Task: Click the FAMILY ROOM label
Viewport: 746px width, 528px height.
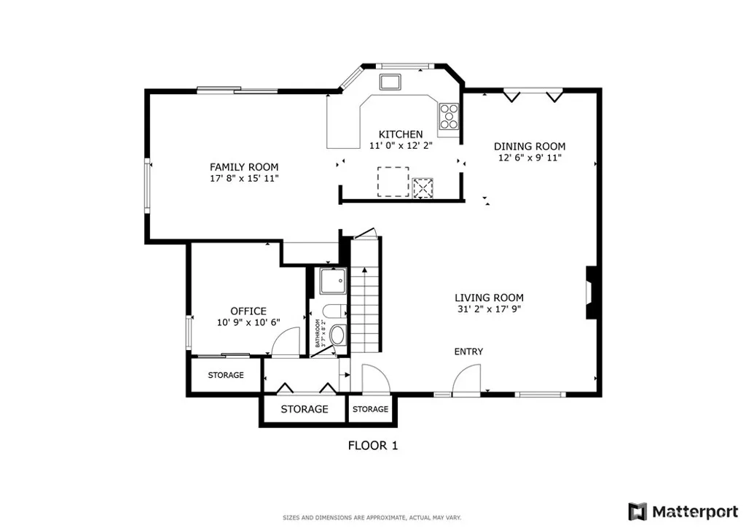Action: [x=244, y=167]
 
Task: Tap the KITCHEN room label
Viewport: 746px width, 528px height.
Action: [x=401, y=134]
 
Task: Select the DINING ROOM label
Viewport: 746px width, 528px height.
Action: [x=530, y=146]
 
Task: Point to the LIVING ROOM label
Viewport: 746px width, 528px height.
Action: [x=489, y=298]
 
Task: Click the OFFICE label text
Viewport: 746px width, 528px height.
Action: [x=248, y=311]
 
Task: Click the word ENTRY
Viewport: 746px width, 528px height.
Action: [x=468, y=352]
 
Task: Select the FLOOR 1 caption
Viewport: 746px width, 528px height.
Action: [x=372, y=445]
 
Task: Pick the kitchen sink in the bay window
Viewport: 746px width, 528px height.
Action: [x=390, y=80]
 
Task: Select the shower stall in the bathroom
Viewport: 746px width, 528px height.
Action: [x=332, y=281]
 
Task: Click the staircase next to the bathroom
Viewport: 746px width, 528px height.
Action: [x=366, y=303]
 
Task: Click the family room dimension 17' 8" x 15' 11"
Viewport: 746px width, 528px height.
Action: [x=244, y=178]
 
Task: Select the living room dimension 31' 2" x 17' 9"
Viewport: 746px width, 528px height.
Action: [x=489, y=308]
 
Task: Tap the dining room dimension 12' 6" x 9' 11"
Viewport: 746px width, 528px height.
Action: [x=530, y=157]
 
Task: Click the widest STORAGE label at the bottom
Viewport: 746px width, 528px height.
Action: [x=305, y=409]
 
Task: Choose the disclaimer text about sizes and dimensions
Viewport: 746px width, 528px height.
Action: [x=372, y=518]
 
